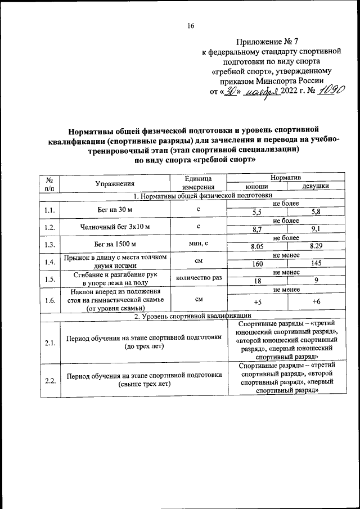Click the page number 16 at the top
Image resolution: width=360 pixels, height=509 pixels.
[191, 26]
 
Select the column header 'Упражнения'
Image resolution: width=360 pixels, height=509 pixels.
[114, 184]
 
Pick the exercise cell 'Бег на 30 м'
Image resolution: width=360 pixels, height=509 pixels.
[114, 209]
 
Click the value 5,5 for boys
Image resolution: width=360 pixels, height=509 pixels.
[257, 213]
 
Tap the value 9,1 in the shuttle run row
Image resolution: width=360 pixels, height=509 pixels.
[316, 229]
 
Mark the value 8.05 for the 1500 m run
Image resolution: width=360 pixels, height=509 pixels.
[256, 246]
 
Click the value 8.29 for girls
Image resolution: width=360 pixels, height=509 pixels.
[316, 246]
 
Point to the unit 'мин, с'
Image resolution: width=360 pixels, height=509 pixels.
[199, 243]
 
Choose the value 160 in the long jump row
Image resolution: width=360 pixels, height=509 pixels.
[257, 264]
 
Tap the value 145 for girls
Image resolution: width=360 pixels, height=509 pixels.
[316, 264]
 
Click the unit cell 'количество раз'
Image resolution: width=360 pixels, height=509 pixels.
[199, 277]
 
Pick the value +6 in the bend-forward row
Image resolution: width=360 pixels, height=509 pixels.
[316, 302]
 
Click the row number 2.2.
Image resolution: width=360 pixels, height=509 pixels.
[49, 381]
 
